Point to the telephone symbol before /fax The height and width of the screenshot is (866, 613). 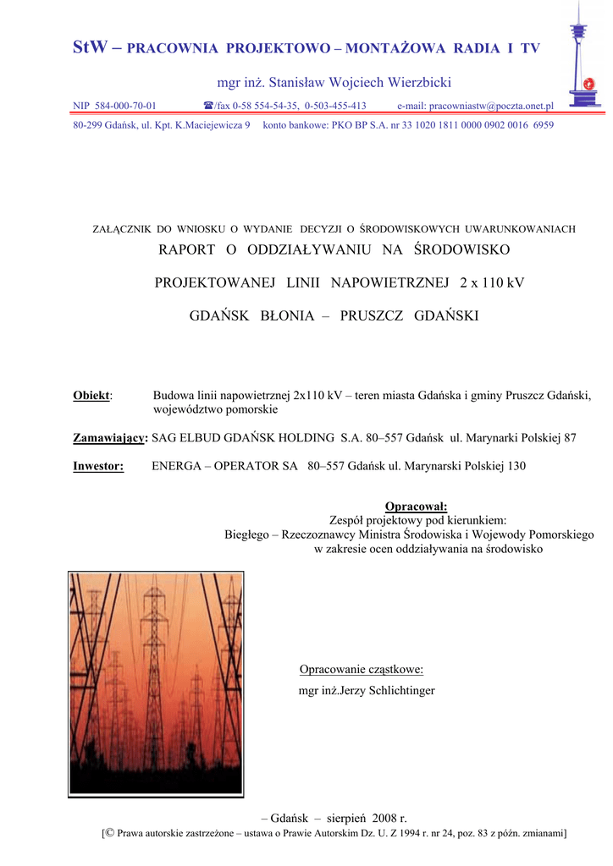208,106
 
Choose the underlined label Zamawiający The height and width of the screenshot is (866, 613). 109,438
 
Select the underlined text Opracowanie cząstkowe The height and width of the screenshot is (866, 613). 361,670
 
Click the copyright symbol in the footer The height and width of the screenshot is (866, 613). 109,833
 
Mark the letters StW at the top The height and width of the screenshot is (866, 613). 90,47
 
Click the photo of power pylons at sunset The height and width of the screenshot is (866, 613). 156,684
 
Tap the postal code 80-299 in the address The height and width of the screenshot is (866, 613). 90,124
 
